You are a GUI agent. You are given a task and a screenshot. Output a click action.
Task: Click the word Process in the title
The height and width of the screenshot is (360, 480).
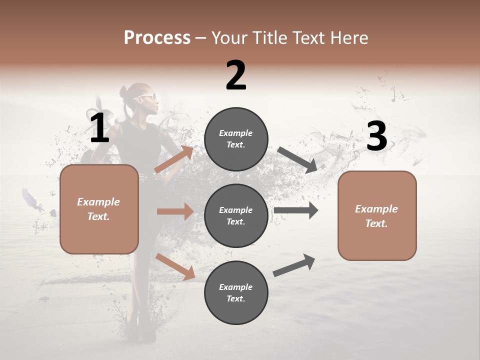[157, 37]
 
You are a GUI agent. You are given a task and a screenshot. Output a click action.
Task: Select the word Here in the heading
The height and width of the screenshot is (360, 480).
[349, 37]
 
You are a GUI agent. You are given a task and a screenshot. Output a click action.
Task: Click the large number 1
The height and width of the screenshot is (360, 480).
[99, 128]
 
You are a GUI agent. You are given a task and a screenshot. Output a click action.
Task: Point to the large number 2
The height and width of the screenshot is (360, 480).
[236, 75]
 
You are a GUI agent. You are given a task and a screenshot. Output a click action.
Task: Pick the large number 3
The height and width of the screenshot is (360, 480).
[376, 136]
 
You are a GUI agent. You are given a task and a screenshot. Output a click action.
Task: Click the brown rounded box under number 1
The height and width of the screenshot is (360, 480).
[99, 209]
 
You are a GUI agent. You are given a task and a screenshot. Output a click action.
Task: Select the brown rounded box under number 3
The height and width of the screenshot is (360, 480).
[377, 215]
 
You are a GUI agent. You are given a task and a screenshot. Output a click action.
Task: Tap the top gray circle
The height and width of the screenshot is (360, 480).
[236, 139]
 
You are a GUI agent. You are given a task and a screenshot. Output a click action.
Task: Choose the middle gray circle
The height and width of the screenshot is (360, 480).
[236, 215]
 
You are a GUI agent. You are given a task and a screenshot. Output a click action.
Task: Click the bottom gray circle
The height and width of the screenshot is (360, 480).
[236, 292]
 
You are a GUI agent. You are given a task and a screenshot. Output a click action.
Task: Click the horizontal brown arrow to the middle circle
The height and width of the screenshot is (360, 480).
[175, 211]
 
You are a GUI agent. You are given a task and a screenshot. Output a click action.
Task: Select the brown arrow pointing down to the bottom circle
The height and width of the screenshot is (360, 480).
[175, 266]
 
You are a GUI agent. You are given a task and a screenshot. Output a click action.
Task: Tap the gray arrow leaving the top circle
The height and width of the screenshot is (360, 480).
[297, 159]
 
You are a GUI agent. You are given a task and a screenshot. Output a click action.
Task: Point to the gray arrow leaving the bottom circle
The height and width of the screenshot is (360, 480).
[294, 265]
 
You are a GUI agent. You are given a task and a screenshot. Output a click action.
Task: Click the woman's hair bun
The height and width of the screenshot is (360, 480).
[125, 92]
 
